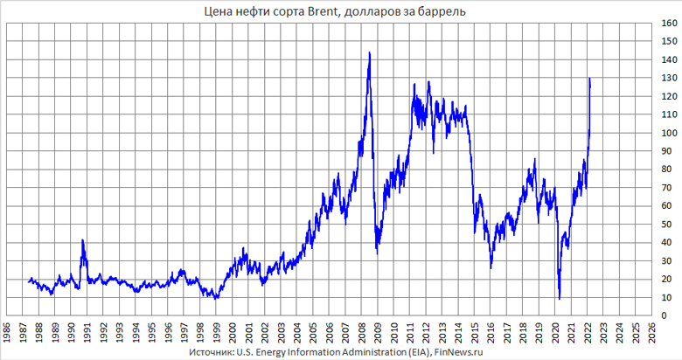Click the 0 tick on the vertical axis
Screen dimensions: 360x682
(x=662, y=315)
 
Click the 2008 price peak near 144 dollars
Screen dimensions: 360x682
(x=369, y=52)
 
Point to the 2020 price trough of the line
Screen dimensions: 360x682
(x=560, y=299)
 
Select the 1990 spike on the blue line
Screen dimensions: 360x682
(x=82, y=239)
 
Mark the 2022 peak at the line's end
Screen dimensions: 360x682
(x=590, y=79)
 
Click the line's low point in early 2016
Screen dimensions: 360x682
(x=491, y=267)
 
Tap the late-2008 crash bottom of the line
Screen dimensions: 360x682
(x=377, y=253)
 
